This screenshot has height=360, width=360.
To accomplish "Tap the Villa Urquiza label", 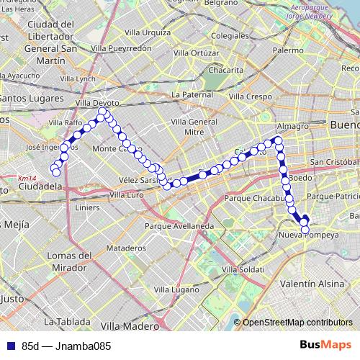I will click(x=147, y=32).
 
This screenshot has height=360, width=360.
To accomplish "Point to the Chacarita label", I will click(x=225, y=71).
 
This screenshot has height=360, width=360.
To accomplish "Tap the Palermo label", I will click(x=288, y=51).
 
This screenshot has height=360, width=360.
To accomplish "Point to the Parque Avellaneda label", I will click(x=179, y=225).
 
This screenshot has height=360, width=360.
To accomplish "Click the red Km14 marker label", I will click(x=27, y=178).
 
